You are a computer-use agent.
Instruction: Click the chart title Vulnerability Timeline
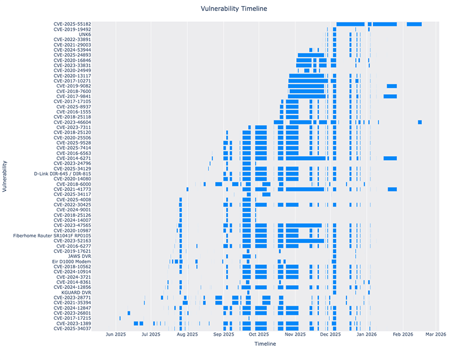(x=234, y=9)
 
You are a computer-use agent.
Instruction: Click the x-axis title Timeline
(x=265, y=343)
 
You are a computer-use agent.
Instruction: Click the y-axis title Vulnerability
(x=5, y=176)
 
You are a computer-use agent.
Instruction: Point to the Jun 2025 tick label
(x=116, y=334)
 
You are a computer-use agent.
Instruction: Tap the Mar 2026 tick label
(x=436, y=334)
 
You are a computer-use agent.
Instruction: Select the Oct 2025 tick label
(x=259, y=334)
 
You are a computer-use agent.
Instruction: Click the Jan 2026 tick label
(x=367, y=334)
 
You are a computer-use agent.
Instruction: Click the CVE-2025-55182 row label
(x=72, y=24)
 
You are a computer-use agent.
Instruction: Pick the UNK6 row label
(x=85, y=35)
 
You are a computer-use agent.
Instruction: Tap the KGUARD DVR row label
(x=76, y=292)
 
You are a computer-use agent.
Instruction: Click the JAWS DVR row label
(x=79, y=256)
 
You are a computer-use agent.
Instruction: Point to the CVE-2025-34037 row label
(x=72, y=329)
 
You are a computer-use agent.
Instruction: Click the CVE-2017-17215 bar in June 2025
(x=120, y=318)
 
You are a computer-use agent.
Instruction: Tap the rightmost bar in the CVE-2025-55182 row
(x=414, y=24)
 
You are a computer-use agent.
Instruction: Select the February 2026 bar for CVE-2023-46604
(x=420, y=122)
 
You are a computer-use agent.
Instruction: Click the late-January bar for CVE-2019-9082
(x=391, y=86)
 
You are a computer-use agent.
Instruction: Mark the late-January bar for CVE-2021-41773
(x=392, y=189)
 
